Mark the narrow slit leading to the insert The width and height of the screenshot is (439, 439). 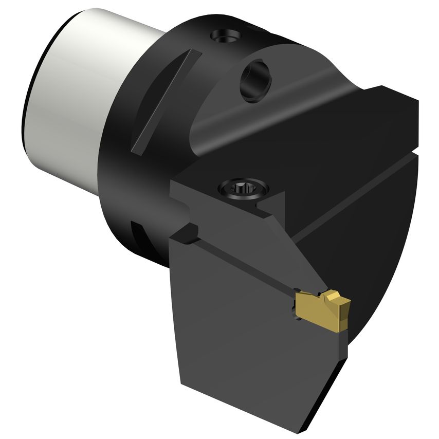(x=247, y=267)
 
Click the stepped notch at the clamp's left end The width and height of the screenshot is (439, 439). (x=187, y=234)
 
